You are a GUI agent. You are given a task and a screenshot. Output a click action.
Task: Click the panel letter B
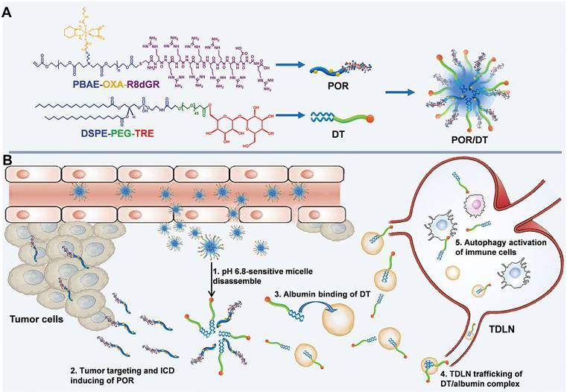pyautogui.click(x=9, y=160)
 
